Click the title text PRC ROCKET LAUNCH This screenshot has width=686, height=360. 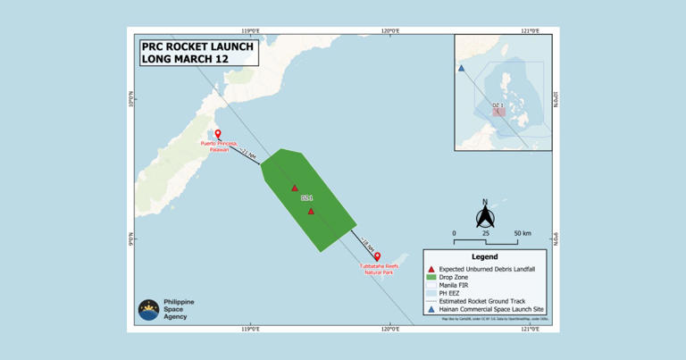coord(198,46)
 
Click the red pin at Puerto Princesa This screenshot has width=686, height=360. coord(218,135)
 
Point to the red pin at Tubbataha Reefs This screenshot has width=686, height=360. coord(377,257)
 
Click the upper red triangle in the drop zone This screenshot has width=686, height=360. coord(294,188)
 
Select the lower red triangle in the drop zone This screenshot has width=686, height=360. coord(311,211)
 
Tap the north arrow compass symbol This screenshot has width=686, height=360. coord(485,214)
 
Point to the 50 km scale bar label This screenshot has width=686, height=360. coord(522,233)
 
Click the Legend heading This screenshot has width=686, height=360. coord(483,255)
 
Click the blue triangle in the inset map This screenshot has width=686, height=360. coord(461,69)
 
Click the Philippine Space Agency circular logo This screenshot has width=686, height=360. coord(148,310)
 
